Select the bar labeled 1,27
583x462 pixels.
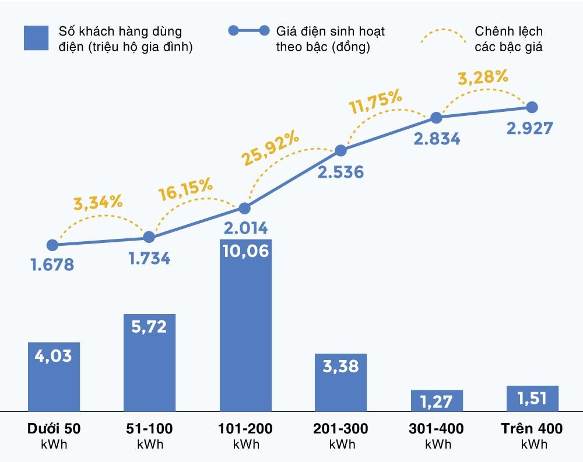[437, 400]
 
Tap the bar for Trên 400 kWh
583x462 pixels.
[532, 398]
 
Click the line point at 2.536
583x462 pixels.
[341, 151]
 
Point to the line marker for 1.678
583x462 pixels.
[52, 245]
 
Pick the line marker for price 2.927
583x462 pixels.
[532, 107]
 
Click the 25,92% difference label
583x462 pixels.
[270, 150]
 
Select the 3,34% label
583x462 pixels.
[98, 203]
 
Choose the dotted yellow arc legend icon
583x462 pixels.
[444, 36]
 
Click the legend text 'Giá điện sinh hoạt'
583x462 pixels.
[331, 31]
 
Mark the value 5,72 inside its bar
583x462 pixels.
[149, 326]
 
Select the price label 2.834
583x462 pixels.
[437, 139]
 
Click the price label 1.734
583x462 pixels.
[149, 258]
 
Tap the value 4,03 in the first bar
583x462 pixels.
[54, 355]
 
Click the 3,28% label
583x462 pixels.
[483, 77]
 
